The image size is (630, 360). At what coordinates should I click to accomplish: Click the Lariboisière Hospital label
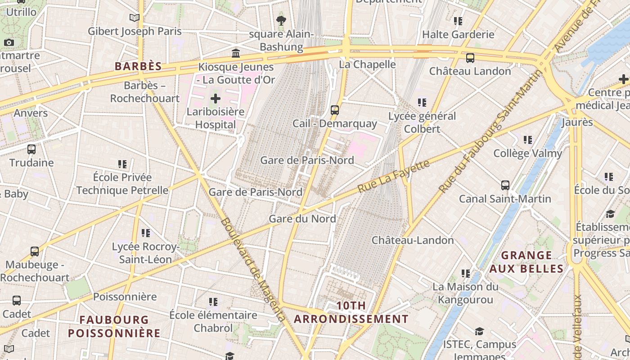(x=216, y=118)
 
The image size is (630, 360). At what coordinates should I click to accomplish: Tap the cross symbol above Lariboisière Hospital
(x=216, y=98)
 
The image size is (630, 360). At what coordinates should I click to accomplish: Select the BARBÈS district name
(x=138, y=67)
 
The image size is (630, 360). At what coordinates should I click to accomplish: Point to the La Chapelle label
(x=367, y=64)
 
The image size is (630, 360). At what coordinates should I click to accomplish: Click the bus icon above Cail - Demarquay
(x=334, y=110)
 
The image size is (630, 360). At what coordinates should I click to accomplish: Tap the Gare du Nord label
(x=302, y=219)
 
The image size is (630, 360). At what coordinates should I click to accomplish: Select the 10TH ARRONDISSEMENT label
(x=351, y=312)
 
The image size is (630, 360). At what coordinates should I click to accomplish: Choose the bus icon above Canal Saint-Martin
(x=505, y=185)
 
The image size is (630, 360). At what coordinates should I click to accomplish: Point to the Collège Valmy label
(x=528, y=153)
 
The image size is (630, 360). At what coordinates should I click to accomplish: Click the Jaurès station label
(x=577, y=122)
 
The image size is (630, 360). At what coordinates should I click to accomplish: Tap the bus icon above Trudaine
(x=31, y=149)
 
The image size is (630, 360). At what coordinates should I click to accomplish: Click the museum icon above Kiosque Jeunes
(x=235, y=54)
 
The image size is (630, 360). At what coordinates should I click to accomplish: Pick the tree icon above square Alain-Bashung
(x=281, y=20)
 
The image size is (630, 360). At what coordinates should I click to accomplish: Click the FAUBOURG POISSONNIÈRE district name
(x=114, y=326)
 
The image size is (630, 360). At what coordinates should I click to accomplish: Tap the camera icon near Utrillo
(x=9, y=43)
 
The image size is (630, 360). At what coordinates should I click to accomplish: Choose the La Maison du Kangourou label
(x=465, y=293)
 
